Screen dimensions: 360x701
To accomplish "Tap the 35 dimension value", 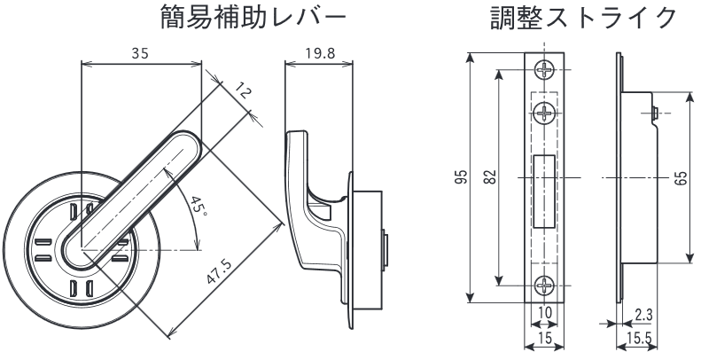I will [x=138, y=53].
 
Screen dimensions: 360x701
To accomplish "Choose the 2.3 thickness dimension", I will [x=645, y=314].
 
